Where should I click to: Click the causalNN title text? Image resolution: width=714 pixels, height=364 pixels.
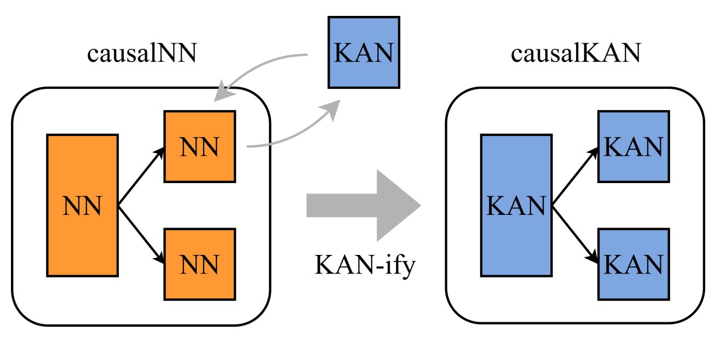click(x=141, y=55)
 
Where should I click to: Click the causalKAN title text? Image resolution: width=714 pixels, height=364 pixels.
click(x=575, y=55)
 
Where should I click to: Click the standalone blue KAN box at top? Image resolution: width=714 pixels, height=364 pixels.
click(x=364, y=52)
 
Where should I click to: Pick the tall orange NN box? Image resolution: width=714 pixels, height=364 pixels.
click(x=82, y=206)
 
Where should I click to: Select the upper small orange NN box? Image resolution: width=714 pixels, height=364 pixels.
click(x=200, y=146)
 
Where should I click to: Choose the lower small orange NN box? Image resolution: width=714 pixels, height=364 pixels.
click(x=200, y=264)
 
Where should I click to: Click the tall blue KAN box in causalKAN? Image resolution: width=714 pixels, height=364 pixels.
click(x=516, y=206)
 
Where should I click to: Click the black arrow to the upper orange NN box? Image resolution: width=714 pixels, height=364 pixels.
click(x=141, y=176)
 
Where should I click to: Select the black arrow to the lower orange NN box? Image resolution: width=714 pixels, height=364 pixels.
click(x=141, y=235)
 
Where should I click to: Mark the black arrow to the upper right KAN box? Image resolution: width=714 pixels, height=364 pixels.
click(x=575, y=176)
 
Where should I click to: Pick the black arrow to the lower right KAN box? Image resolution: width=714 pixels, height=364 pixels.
click(x=575, y=235)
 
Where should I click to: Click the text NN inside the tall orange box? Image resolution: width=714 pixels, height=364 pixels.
click(x=82, y=207)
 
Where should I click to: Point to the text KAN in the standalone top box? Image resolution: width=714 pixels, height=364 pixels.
click(x=364, y=53)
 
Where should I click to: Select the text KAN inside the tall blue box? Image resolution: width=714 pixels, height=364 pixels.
click(x=516, y=207)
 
